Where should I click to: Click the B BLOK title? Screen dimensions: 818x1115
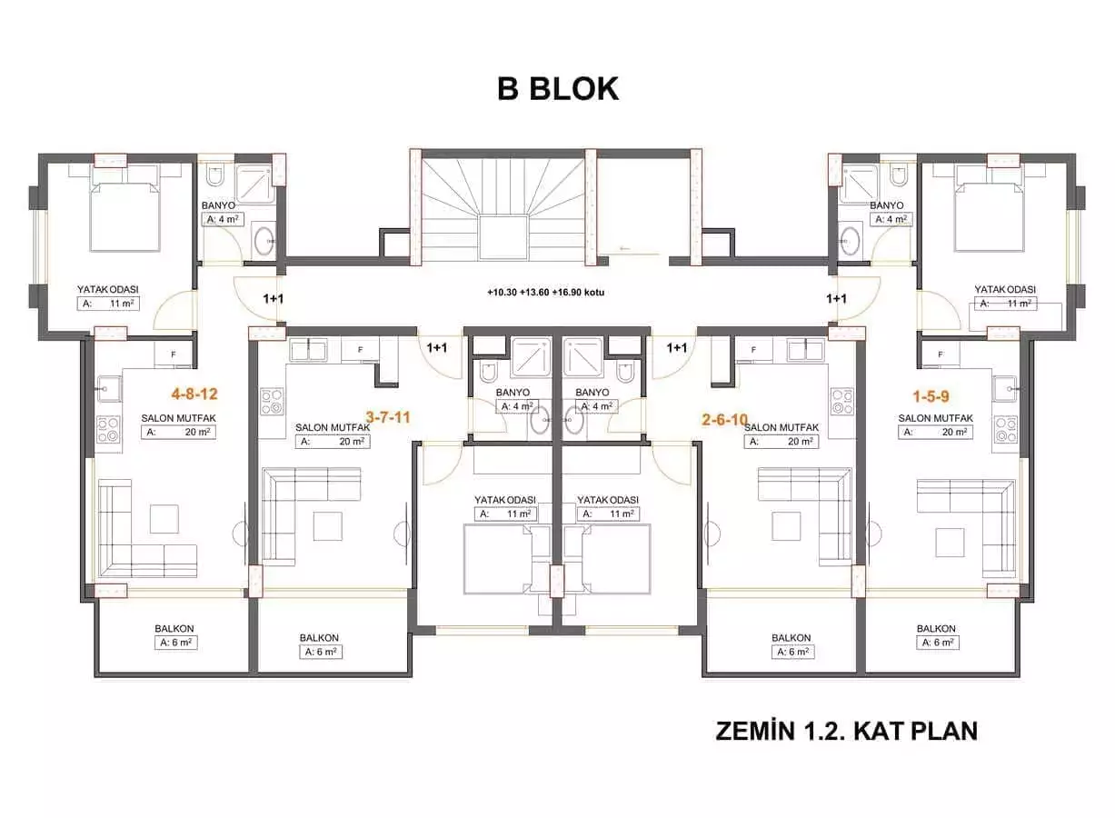(557, 88)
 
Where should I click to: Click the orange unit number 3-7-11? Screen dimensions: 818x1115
(388, 417)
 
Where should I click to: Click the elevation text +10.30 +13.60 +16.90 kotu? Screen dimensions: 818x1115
(546, 293)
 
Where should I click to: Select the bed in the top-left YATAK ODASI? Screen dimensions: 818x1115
(125, 214)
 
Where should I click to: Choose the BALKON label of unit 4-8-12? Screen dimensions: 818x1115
(174, 629)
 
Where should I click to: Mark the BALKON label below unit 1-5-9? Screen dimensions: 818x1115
(935, 629)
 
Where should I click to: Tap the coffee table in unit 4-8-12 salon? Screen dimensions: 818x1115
(164, 518)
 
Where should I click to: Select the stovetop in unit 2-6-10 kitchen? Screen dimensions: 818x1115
(842, 400)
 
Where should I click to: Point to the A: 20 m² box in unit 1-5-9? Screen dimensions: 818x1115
(935, 433)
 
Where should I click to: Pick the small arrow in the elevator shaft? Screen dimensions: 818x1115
(622, 246)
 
